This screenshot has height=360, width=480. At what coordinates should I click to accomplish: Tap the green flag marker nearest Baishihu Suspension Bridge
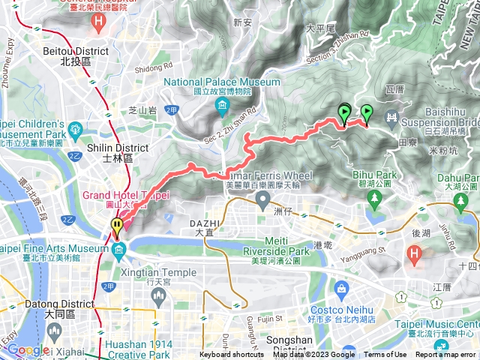(x=367, y=113)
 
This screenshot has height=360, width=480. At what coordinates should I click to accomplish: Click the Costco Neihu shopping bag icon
(x=341, y=288)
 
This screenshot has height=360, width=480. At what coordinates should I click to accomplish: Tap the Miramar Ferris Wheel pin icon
(x=262, y=199)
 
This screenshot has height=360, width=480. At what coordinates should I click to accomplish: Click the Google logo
(x=26, y=349)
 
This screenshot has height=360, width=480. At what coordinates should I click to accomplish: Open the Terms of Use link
(x=385, y=355)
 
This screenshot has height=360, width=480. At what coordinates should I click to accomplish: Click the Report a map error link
(x=445, y=355)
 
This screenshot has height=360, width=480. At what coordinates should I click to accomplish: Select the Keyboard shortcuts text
(x=232, y=355)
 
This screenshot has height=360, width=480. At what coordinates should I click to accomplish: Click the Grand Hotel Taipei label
(x=126, y=196)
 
